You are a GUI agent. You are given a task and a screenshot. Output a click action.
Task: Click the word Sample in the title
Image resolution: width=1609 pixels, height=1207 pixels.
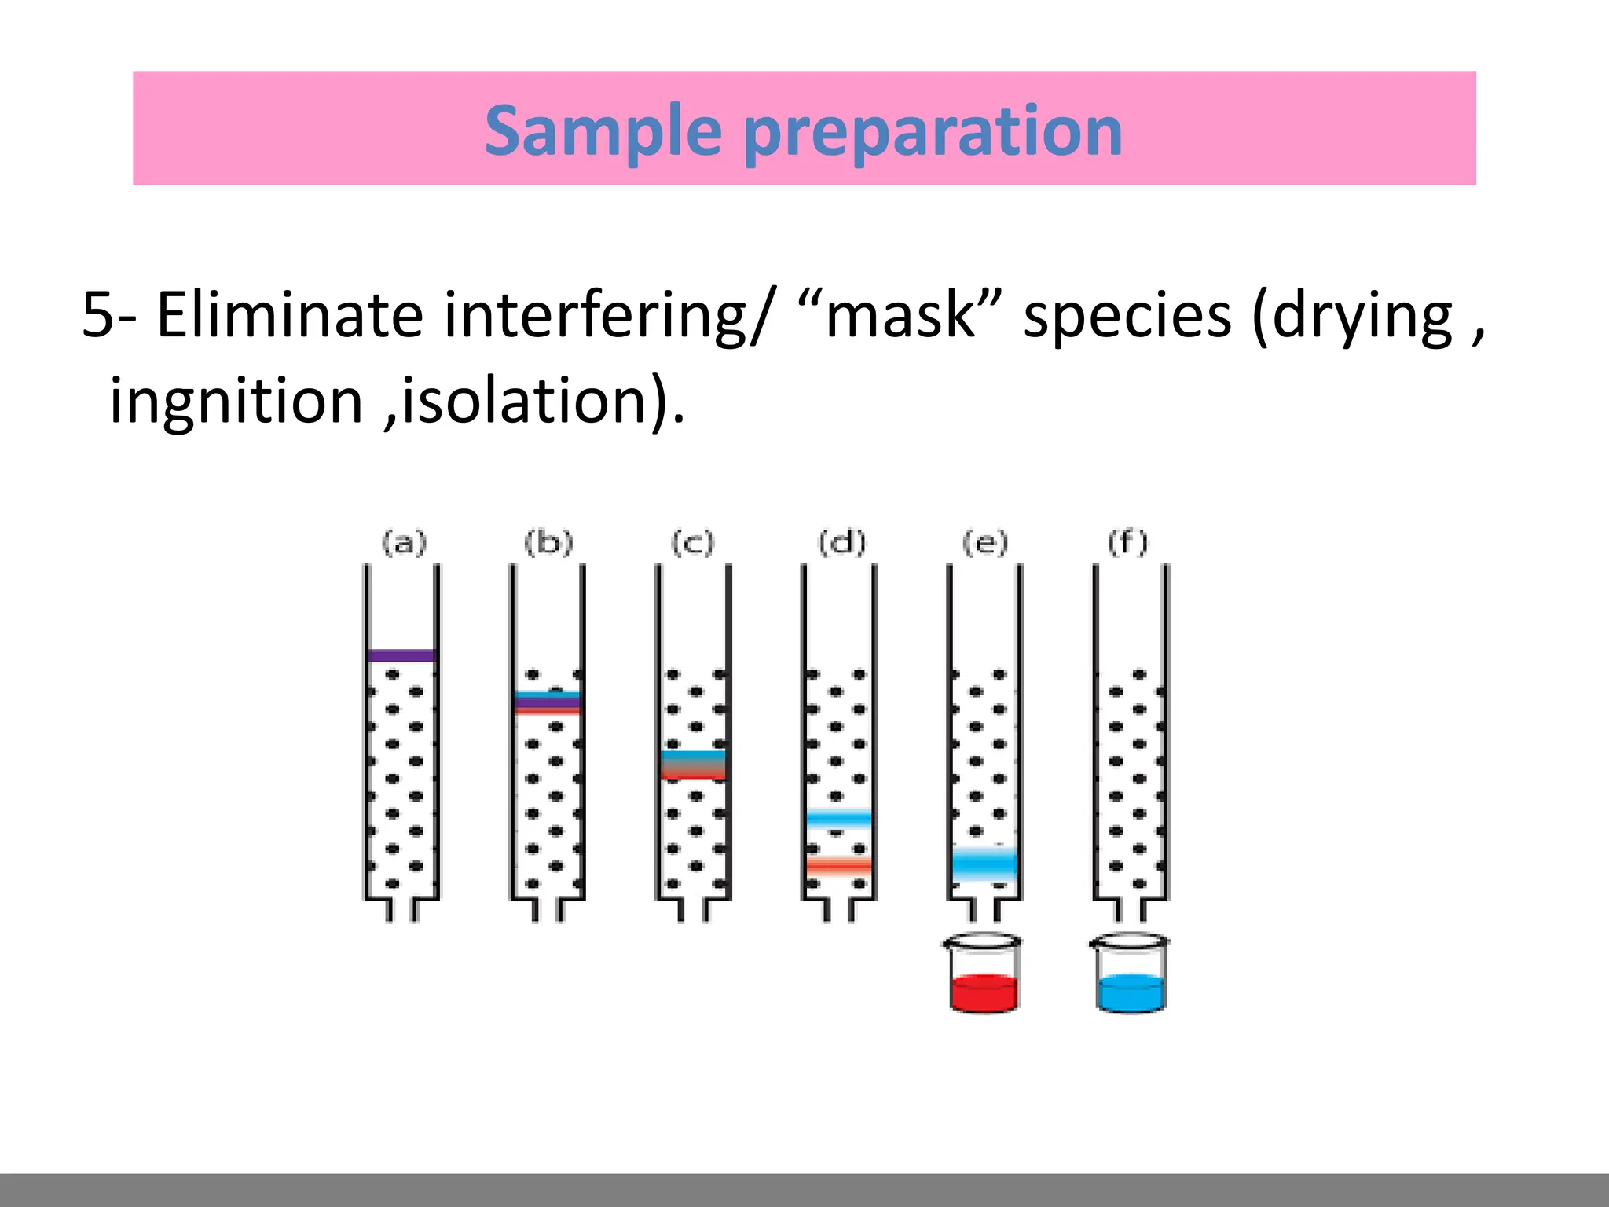pyautogui.click(x=603, y=131)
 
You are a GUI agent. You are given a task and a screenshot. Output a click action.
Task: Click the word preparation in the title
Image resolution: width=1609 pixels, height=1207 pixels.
pyautogui.click(x=933, y=131)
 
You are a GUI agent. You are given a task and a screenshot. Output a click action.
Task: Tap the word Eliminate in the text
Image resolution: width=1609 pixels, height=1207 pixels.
pyautogui.click(x=290, y=315)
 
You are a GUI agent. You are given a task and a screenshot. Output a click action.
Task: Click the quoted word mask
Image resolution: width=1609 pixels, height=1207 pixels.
pyautogui.click(x=900, y=315)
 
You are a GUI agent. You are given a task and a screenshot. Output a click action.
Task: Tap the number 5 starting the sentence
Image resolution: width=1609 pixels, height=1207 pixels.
pyautogui.click(x=99, y=315)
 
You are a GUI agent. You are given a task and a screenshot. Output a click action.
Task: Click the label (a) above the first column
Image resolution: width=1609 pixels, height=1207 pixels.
pyautogui.click(x=404, y=543)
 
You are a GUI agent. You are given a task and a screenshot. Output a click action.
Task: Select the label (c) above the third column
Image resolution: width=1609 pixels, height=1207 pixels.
pyautogui.click(x=692, y=543)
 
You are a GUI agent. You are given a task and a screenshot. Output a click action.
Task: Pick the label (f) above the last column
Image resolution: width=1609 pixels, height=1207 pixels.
pyautogui.click(x=1128, y=543)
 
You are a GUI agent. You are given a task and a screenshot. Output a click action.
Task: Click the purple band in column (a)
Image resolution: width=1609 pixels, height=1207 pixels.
pyautogui.click(x=401, y=655)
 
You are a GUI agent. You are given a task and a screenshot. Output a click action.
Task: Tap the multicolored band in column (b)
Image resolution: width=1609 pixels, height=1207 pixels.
pyautogui.click(x=548, y=702)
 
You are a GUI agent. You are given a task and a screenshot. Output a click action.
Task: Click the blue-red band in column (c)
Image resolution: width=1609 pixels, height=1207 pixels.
pyautogui.click(x=693, y=765)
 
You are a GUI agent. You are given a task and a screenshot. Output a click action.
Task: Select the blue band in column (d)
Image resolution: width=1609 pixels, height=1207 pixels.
pyautogui.click(x=839, y=819)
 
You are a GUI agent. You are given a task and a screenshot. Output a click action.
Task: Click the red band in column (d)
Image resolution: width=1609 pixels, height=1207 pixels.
pyautogui.click(x=839, y=865)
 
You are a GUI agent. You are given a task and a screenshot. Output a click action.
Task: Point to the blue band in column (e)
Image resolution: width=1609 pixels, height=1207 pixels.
pyautogui.click(x=984, y=864)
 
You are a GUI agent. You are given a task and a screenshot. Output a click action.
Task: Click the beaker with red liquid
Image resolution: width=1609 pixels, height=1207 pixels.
pyautogui.click(x=984, y=974)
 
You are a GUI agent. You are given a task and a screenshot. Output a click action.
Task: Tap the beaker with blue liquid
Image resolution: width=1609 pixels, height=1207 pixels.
pyautogui.click(x=1130, y=974)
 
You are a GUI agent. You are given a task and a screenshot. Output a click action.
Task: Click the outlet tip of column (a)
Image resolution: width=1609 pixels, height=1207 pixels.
pyautogui.click(x=401, y=912)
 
